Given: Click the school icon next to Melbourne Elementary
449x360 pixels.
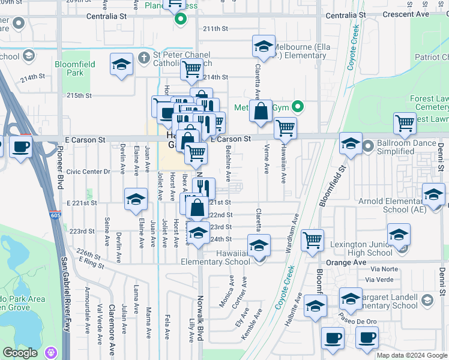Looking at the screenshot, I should click(x=262, y=46).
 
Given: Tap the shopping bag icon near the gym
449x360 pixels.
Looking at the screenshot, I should click(x=261, y=112).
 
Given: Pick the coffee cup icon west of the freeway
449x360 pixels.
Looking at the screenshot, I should click(x=20, y=147).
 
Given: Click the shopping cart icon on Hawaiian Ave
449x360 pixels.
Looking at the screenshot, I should click(x=286, y=128).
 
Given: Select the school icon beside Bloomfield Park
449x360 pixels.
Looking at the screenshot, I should click(x=121, y=65).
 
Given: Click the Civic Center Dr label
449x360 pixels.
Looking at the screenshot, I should click(x=88, y=172).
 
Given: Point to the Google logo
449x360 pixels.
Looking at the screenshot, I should click(x=20, y=353).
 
